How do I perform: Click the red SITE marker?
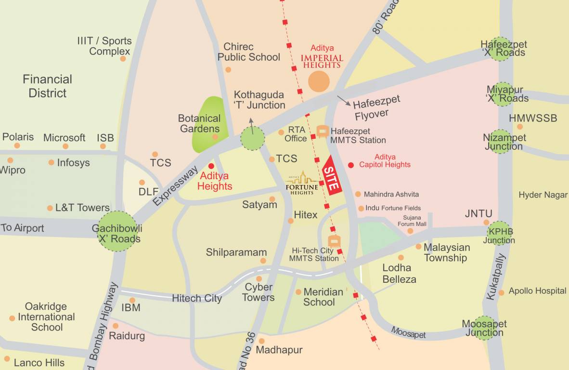332,176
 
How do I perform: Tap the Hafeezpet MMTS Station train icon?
323,131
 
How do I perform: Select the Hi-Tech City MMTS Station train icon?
334,241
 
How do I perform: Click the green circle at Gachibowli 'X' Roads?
117,231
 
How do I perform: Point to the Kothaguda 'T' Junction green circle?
253,138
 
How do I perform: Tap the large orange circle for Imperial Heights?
319,81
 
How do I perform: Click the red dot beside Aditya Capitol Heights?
351,164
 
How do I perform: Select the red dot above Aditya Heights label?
211,166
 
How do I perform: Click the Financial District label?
47,86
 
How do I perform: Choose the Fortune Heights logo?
302,183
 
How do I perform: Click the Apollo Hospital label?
537,291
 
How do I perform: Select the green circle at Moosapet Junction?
484,328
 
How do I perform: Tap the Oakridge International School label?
46,317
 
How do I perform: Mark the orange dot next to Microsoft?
65,146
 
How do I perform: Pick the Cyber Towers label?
259,292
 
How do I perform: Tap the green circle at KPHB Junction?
499,233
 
